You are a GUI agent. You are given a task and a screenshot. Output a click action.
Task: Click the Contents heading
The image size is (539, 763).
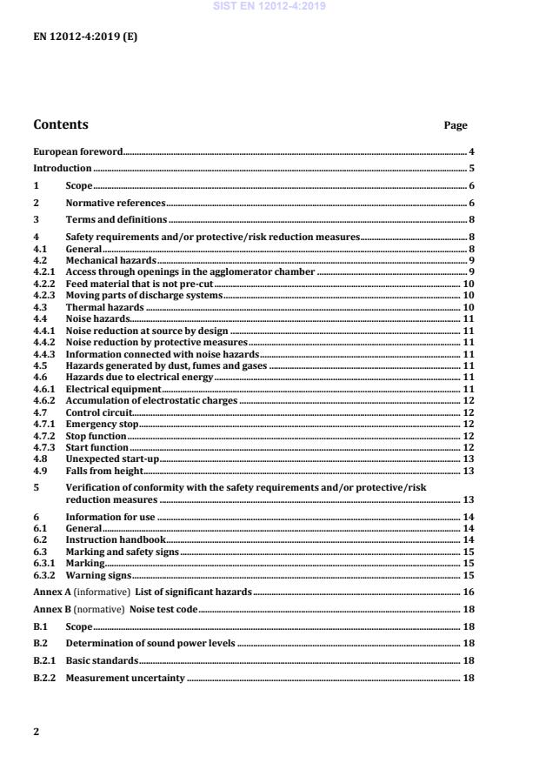pyautogui.click(x=60, y=124)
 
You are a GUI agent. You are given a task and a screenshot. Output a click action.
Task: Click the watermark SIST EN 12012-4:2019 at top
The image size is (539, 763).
pyautogui.click(x=269, y=7)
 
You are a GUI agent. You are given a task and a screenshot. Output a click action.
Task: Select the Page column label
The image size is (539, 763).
pyautogui.click(x=456, y=125)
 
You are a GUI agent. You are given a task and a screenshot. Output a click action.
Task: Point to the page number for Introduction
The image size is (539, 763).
pyautogui.click(x=470, y=168)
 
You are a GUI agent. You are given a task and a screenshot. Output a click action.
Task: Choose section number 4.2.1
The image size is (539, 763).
pyautogui.click(x=43, y=271)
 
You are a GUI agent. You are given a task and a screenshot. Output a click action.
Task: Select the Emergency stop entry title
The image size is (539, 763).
pyautogui.click(x=103, y=424)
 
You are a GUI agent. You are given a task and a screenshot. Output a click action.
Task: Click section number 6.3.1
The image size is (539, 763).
pyautogui.click(x=43, y=564)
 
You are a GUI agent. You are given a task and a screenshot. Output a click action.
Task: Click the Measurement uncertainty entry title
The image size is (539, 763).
pyautogui.click(x=125, y=678)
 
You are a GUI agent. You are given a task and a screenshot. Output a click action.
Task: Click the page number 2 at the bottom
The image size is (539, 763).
pyautogui.click(x=36, y=732)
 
